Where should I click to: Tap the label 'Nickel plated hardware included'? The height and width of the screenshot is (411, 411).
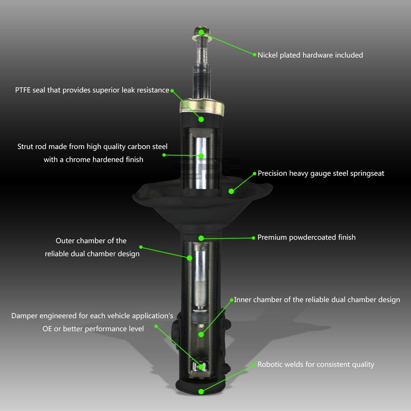pos(310,55)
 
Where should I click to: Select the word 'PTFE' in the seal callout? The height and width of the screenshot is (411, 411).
pos(23,90)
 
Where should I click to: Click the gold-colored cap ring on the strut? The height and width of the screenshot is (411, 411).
pos(202,107)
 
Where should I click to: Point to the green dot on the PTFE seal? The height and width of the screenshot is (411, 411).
pos(201,120)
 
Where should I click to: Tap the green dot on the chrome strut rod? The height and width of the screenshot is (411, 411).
pos(201,156)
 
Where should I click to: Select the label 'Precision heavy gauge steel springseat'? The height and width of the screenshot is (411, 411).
pos(321,173)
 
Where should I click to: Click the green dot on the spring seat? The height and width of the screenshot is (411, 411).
pos(231,191)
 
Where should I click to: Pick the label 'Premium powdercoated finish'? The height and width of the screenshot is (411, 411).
pos(307,237)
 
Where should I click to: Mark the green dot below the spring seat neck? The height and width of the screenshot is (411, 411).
pos(201,238)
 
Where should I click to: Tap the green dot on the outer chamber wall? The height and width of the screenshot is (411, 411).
pos(189,258)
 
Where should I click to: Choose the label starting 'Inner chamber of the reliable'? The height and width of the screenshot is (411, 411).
pos(317,300)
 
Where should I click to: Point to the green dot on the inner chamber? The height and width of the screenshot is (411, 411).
pos(201,334)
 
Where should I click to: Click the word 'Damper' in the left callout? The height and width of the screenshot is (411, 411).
pos(24,316)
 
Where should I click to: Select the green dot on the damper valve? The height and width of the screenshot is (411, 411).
pos(201,367)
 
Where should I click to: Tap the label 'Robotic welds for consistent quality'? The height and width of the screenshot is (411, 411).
pos(316,364)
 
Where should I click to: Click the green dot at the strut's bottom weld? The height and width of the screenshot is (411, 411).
pos(201,391)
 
